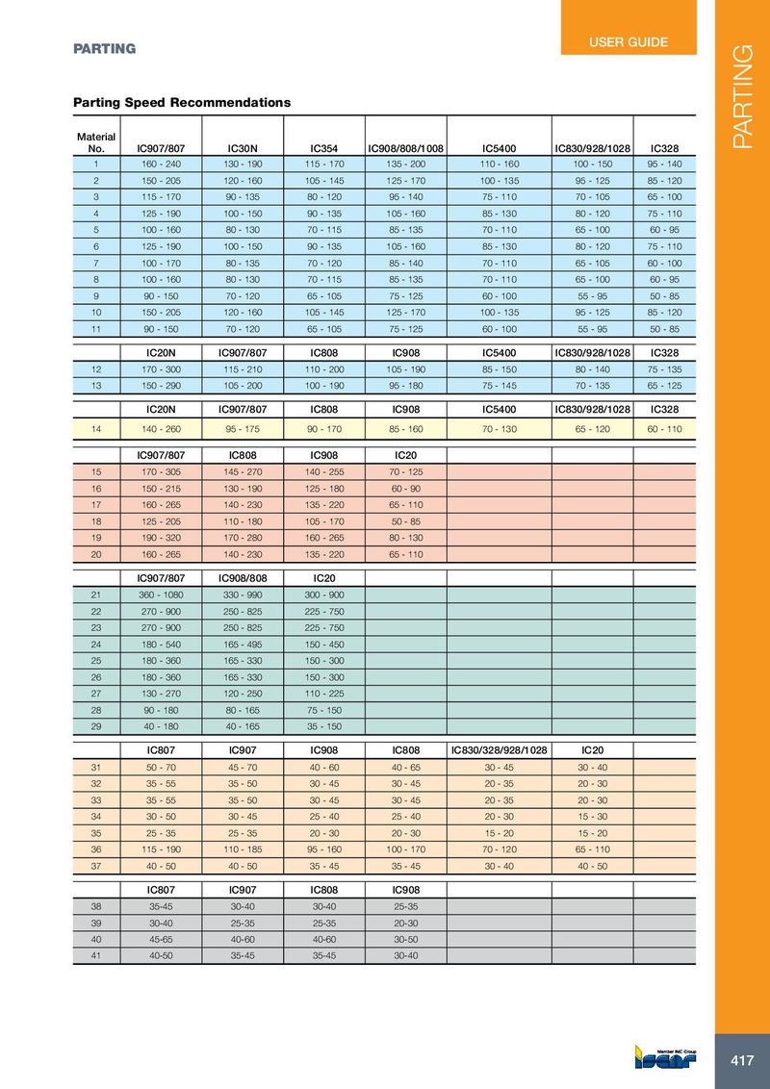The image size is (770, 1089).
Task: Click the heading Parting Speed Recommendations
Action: tap(182, 102)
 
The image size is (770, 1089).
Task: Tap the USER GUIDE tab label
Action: tap(628, 42)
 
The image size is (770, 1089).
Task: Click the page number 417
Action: tap(741, 1061)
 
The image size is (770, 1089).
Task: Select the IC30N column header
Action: tap(243, 149)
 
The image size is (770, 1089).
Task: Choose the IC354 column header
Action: tap(323, 149)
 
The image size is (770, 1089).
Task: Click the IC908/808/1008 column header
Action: tap(405, 149)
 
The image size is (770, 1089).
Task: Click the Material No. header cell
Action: tap(96, 142)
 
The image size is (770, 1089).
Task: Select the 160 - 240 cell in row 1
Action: tap(161, 165)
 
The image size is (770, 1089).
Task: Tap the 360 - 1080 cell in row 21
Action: tap(161, 595)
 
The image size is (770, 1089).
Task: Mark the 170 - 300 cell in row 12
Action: tap(161, 369)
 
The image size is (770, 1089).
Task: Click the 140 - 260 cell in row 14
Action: tap(161, 428)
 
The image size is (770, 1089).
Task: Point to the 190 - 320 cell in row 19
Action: tap(161, 540)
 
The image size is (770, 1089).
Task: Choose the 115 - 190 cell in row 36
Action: tap(161, 848)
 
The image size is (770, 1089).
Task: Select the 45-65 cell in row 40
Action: tap(161, 940)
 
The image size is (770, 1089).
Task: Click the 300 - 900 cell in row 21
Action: tap(323, 595)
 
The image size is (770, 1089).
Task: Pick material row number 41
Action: tap(96, 955)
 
